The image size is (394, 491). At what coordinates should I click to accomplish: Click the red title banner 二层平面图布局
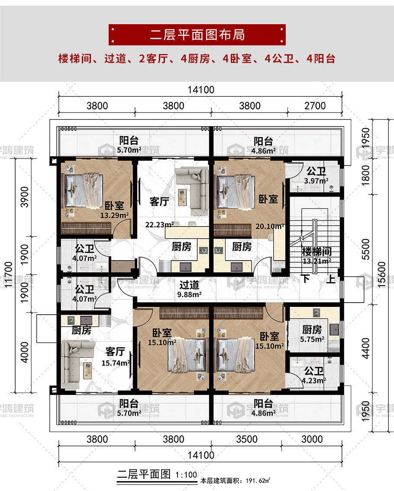pyautogui.click(x=197, y=35)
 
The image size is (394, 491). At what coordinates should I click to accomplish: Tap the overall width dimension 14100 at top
pyautogui.click(x=201, y=90)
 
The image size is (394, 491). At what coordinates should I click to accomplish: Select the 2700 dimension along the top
pyautogui.click(x=315, y=106)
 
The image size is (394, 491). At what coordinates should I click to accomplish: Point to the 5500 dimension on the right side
pyautogui.click(x=366, y=249)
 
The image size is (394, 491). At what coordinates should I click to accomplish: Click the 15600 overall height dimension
pyautogui.click(x=381, y=274)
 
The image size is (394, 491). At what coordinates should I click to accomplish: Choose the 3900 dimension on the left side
pyautogui.click(x=25, y=197)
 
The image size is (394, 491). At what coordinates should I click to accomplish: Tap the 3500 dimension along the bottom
pyautogui.click(x=246, y=439)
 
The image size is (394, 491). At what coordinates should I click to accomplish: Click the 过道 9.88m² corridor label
pyautogui.click(x=189, y=289)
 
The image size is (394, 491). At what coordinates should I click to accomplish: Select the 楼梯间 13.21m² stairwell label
pyautogui.click(x=317, y=255)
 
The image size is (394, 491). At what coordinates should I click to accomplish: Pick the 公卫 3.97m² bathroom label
pyautogui.click(x=316, y=175)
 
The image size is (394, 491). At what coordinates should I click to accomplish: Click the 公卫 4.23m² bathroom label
pyautogui.click(x=314, y=376)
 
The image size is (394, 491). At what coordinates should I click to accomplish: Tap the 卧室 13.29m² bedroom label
pyautogui.click(x=114, y=210)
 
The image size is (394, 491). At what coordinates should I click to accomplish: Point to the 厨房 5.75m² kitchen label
pyautogui.click(x=312, y=334)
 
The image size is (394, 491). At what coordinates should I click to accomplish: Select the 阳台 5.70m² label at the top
pyautogui.click(x=129, y=145)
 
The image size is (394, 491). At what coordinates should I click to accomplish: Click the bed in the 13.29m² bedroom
pyautogui.click(x=83, y=191)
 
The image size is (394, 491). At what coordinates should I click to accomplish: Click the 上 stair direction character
pyautogui.click(x=331, y=279)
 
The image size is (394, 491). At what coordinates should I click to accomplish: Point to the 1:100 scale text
pyautogui.click(x=186, y=475)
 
